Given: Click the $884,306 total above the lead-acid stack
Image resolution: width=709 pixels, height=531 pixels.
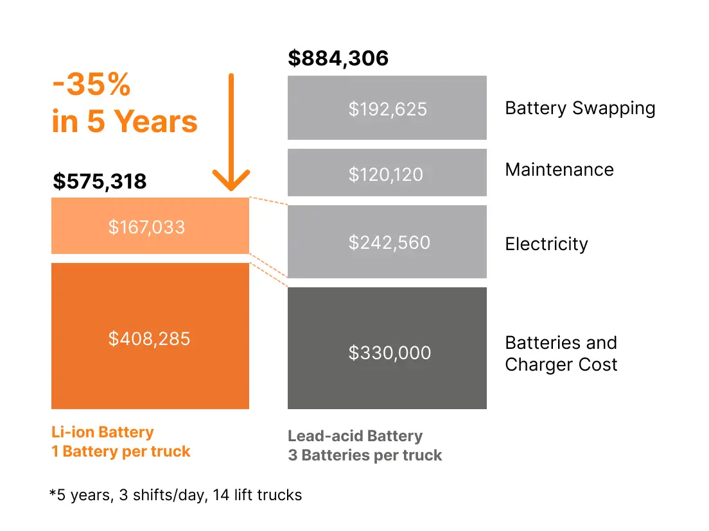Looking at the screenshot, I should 338,58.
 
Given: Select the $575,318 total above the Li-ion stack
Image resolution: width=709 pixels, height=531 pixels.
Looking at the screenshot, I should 100,181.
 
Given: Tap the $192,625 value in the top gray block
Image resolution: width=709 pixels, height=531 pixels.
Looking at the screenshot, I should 387,109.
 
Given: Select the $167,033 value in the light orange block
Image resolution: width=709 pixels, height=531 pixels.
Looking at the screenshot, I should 146,227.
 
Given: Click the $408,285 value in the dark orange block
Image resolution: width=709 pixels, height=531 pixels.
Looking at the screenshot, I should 149,338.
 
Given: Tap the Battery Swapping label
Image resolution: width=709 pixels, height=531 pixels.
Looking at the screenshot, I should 580,108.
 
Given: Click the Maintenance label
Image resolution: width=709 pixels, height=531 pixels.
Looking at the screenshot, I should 559,169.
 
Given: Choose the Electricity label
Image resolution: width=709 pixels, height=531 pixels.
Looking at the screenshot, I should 547,244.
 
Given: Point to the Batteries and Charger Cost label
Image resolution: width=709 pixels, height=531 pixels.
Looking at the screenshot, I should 561,353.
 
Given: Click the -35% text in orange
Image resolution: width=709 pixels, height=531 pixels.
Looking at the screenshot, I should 91,85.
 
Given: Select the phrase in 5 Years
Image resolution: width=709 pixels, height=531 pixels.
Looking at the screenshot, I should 125,121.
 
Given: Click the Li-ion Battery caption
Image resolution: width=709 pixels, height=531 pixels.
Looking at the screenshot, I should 103,432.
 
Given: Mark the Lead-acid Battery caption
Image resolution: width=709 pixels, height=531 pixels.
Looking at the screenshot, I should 355,437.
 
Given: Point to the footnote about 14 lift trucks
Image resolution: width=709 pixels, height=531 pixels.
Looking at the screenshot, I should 175,494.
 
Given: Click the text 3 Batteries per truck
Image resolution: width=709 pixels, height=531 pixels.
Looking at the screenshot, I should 365,456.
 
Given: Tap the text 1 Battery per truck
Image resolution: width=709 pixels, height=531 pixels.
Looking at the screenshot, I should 121,451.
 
